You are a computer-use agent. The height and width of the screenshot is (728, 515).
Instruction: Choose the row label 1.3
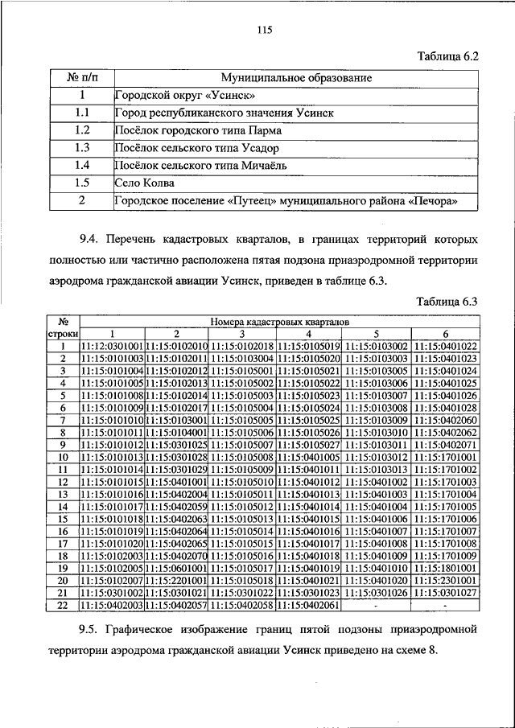pyautogui.click(x=81, y=148)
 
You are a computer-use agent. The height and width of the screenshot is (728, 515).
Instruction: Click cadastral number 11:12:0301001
pyautogui.click(x=113, y=346)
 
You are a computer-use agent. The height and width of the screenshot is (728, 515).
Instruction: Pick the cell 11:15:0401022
pyautogui.click(x=445, y=346)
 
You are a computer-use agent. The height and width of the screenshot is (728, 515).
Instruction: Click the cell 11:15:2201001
pyautogui.click(x=177, y=581)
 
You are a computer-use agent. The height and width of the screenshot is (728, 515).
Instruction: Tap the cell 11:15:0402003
pyautogui.click(x=113, y=606)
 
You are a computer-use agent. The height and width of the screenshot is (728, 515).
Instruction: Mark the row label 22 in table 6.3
pyautogui.click(x=61, y=606)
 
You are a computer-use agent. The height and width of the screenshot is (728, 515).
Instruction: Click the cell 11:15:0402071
pyautogui.click(x=445, y=445)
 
